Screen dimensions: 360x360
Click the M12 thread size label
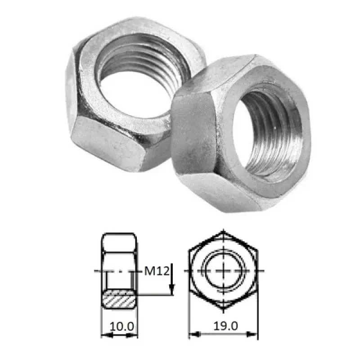click(156, 271)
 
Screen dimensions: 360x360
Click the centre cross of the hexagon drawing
click(224, 271)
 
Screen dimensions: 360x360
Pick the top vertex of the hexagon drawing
click(224, 232)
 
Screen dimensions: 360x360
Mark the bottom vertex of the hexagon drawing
click(224, 310)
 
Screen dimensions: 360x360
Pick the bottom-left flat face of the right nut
click(211, 189)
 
